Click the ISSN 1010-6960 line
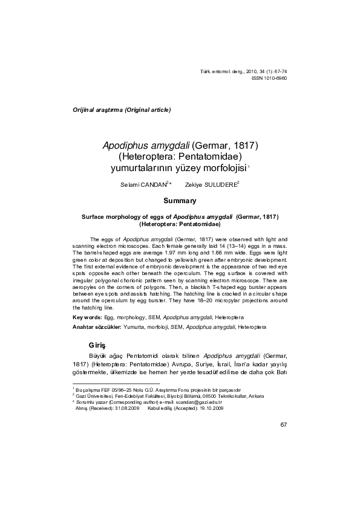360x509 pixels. [x=269, y=79]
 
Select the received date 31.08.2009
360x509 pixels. [x=123, y=408]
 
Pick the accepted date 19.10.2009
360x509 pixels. [x=208, y=408]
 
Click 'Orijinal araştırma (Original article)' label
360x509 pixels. [x=122, y=110]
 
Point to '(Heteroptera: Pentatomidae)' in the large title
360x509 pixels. [x=180, y=157]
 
